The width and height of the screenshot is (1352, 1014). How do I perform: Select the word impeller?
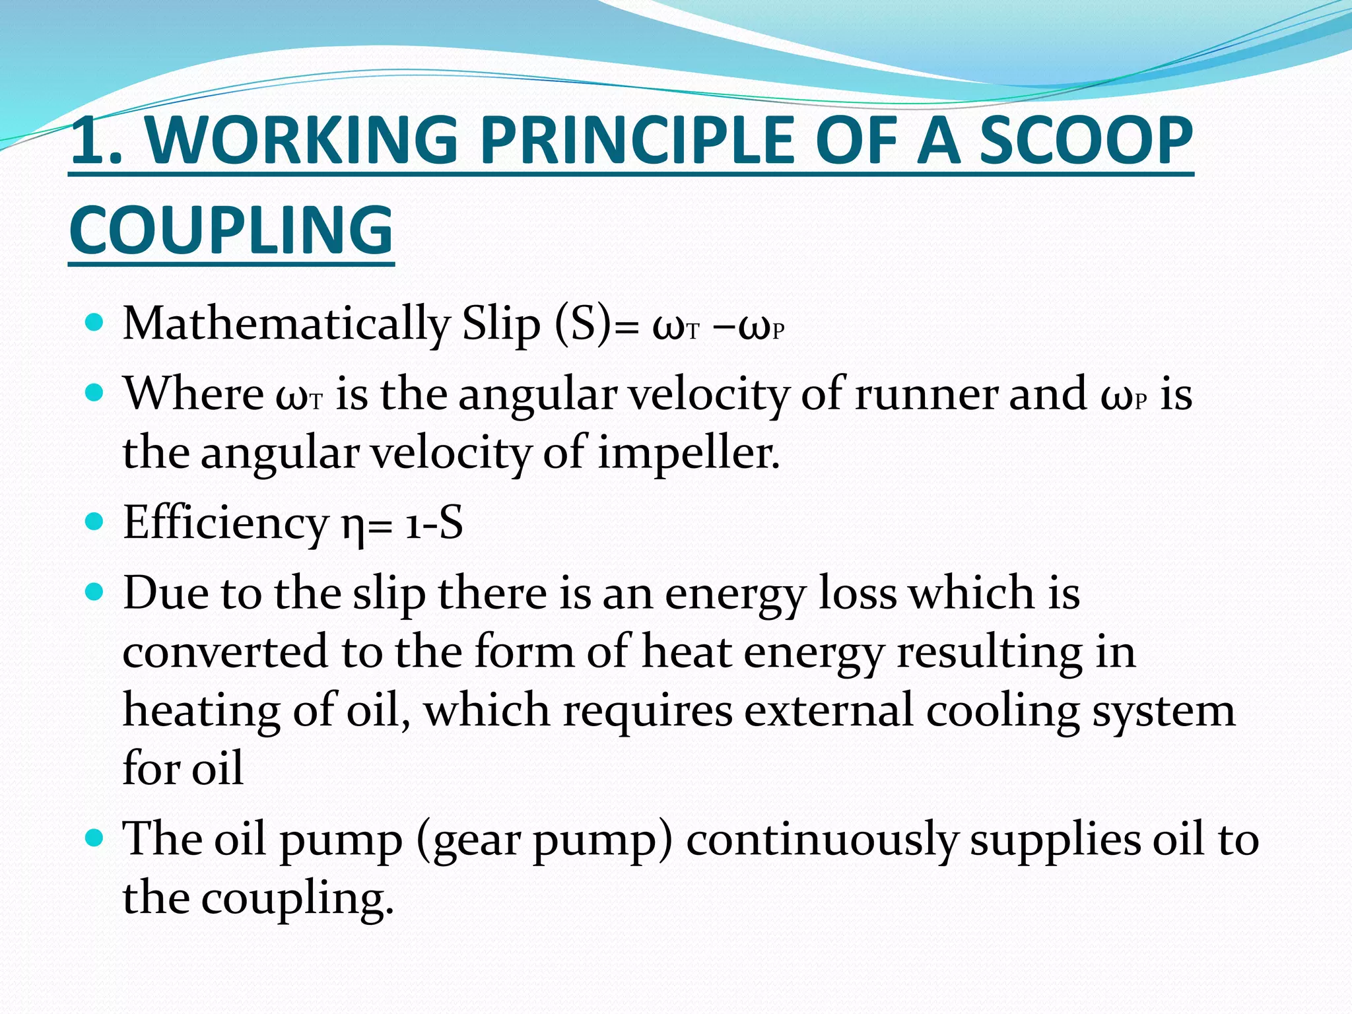click(x=689, y=454)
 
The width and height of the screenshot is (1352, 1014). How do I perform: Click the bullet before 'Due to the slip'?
click(x=95, y=590)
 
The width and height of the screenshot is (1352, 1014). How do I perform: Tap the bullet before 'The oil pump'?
click(x=95, y=838)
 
